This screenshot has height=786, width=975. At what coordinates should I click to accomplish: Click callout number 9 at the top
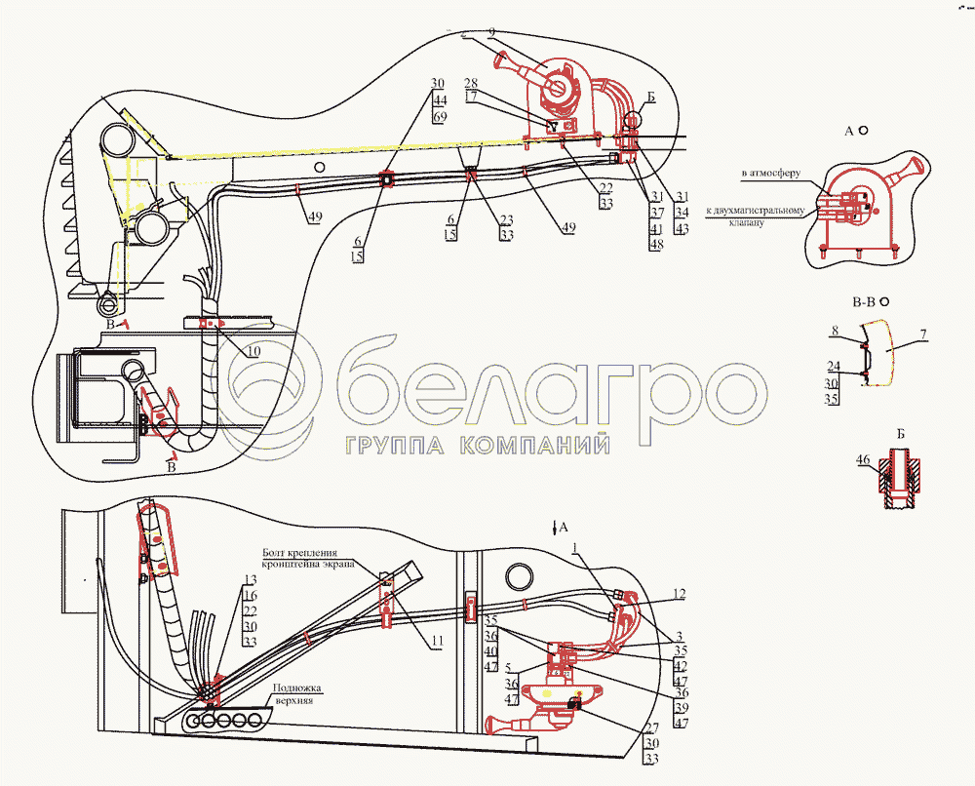492,32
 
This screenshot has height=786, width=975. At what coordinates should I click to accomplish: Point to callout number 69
439,116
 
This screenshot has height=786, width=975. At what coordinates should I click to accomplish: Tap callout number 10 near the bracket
253,351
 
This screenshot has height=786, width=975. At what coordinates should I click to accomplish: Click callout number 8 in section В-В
835,333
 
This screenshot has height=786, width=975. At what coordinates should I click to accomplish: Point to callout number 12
679,593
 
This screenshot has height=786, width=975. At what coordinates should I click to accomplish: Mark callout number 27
650,727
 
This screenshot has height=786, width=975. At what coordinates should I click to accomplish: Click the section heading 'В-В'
864,302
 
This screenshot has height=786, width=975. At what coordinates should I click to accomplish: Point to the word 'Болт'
273,552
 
